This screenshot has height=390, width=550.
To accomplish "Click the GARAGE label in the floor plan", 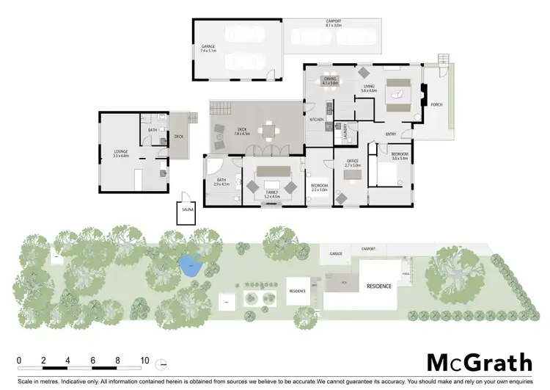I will click(208, 50).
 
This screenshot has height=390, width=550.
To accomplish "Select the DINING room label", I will click(330, 81).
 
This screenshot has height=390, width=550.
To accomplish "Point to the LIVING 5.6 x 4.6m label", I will click(369, 88).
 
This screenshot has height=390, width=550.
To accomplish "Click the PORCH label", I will click(436, 104).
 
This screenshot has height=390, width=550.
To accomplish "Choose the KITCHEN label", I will click(316, 119).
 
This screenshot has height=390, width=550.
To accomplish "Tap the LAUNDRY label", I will click(345, 131).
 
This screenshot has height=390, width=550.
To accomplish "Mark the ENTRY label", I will click(391, 134).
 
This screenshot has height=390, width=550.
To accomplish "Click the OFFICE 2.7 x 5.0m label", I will click(352, 164).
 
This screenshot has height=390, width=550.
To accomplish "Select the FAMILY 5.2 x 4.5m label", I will click(273, 194).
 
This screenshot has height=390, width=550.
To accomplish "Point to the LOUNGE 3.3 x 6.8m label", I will click(120, 154).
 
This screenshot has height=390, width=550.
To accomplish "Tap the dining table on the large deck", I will click(269, 130).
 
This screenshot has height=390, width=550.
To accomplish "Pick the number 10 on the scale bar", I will click(144, 361).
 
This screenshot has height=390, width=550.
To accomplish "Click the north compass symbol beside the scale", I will click(163, 362).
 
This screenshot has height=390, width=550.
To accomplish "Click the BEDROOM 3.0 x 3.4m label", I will click(399, 156).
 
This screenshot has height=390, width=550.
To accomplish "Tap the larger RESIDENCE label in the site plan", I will click(379, 285).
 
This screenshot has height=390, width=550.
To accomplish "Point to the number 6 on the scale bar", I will click(94, 361).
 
